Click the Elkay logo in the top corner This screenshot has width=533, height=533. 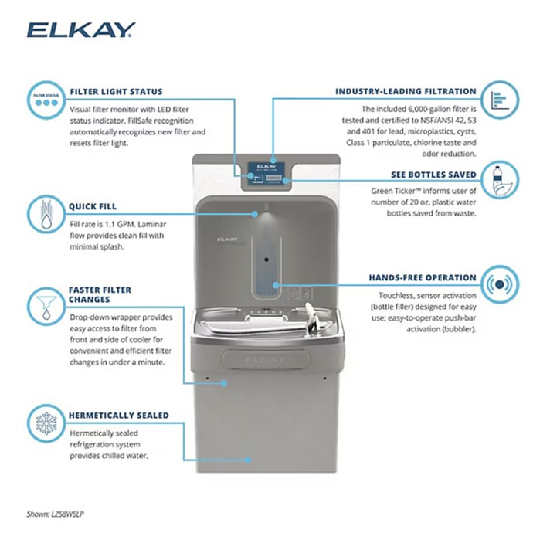(81, 30)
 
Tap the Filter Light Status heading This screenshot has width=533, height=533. (116, 91)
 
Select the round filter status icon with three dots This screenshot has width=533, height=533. (46, 100)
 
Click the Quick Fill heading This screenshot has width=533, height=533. (93, 206)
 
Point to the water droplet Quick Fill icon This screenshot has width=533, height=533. (46, 214)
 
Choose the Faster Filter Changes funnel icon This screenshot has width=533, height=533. (46, 306)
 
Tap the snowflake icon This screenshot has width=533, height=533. (46, 423)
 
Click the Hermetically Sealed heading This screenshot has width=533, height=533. (119, 416)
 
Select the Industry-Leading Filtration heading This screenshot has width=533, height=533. (406, 91)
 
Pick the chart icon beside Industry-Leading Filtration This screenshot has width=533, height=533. (500, 100)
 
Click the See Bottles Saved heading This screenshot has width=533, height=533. (434, 175)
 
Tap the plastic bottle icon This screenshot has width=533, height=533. (500, 180)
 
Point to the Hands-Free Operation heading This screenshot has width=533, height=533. (423, 278)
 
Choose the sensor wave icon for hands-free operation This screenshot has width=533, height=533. (500, 284)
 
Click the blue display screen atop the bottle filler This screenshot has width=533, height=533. (266, 173)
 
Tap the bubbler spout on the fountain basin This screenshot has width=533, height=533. (313, 317)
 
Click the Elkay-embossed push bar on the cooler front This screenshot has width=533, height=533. (266, 360)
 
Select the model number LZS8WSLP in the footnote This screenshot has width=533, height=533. (67, 514)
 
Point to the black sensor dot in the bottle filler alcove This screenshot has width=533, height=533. (266, 260)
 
